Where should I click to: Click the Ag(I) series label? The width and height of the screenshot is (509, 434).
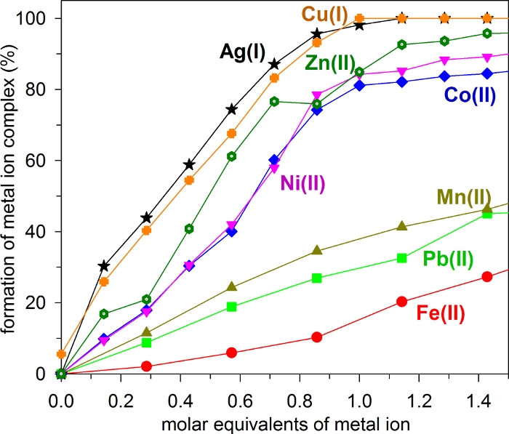tap(243, 52)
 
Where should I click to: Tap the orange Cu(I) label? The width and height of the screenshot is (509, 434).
tap(325, 14)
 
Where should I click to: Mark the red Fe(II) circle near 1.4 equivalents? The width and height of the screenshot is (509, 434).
tap(487, 276)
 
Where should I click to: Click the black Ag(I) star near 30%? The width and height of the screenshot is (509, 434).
tap(105, 266)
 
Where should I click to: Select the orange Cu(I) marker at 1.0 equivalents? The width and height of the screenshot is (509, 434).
tap(359, 18)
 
